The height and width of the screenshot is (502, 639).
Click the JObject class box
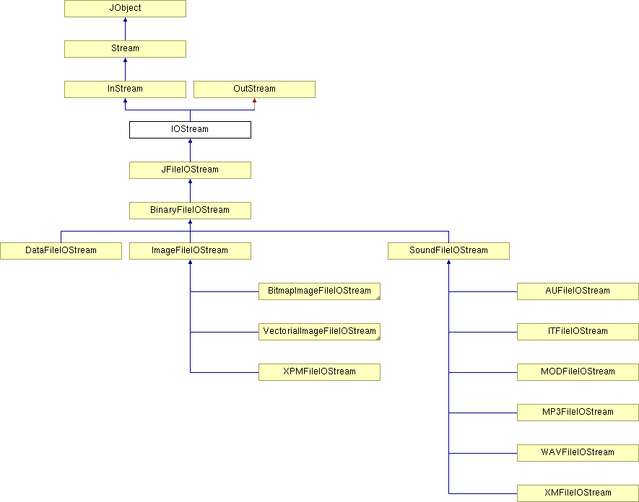coord(125,9)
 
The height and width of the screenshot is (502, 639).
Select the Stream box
coord(125,49)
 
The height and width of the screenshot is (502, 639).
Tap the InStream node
coord(125,89)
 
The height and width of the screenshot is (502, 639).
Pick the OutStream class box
coord(254,89)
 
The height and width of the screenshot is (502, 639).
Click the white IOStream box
coord(190,130)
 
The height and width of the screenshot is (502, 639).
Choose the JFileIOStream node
coord(190,169)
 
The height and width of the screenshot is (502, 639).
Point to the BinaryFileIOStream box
coord(190,211)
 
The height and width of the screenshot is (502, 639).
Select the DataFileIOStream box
coord(61,251)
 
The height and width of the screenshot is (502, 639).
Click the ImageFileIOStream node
coord(190,251)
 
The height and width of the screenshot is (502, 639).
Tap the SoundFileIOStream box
coord(448,251)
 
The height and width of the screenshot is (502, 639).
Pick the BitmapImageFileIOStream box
coord(319,291)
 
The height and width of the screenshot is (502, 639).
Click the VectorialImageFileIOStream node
coord(319,331)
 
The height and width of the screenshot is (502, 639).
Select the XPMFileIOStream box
coord(319,372)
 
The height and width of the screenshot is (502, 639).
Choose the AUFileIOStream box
coord(578,291)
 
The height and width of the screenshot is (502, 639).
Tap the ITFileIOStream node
coord(578,331)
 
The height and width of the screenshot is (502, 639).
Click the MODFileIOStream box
coord(578,372)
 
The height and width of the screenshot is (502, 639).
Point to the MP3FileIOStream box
coord(578,413)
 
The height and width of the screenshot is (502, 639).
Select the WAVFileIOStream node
coord(578,453)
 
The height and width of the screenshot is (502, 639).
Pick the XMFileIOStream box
coord(578,493)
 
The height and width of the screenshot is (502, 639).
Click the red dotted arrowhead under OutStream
coord(254,100)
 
